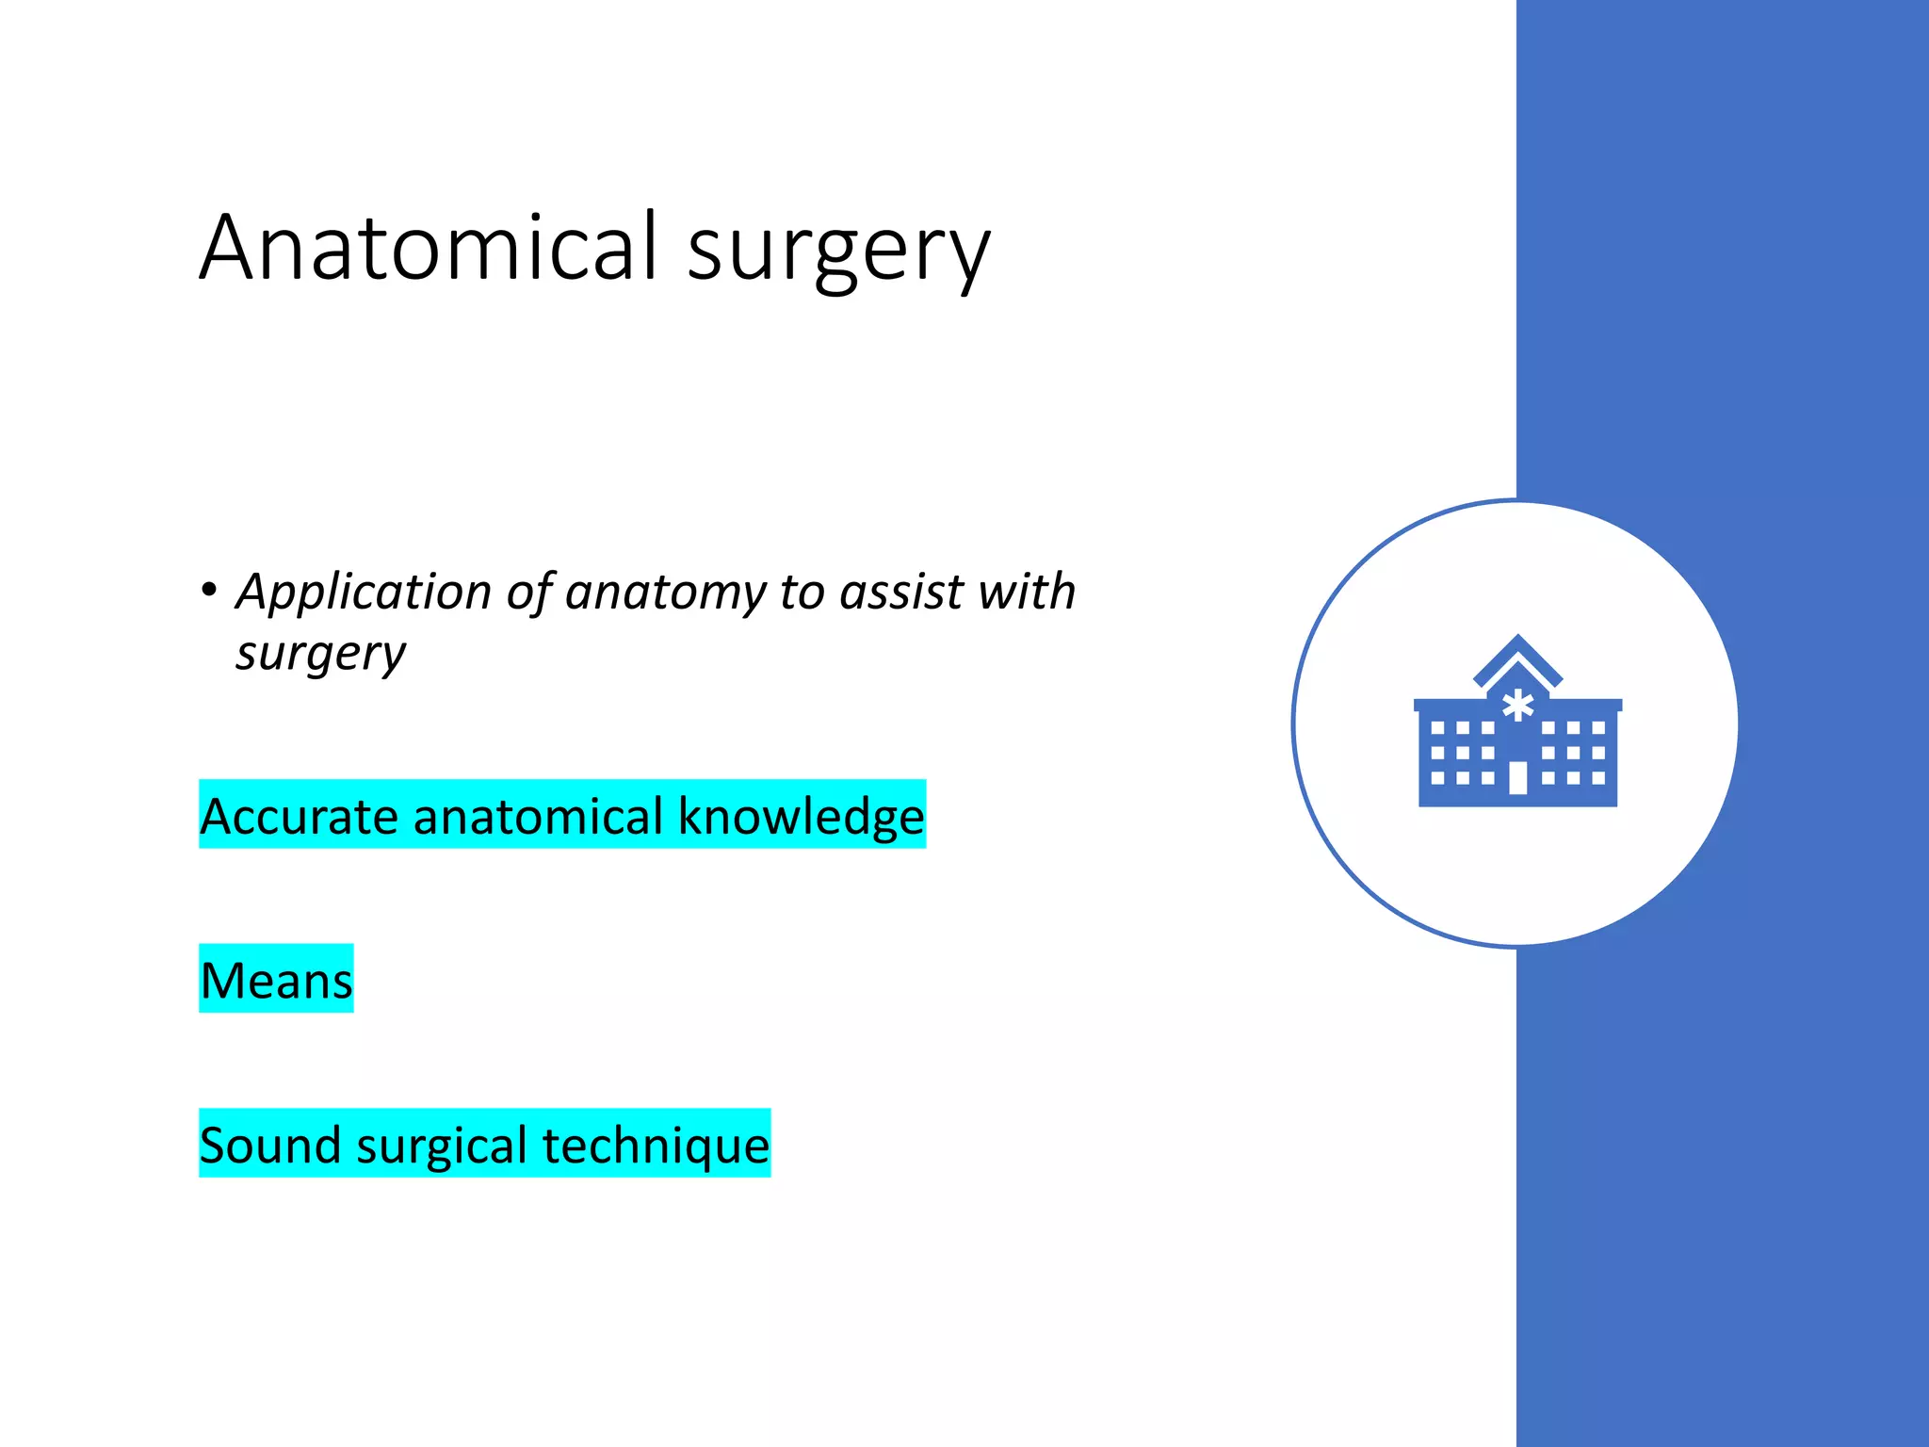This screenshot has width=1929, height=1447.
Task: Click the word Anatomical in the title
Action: tap(429, 247)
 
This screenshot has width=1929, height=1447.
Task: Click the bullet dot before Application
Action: tap(209, 591)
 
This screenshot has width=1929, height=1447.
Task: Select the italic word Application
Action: tap(364, 593)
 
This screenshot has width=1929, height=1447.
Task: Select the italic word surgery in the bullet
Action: tap(321, 654)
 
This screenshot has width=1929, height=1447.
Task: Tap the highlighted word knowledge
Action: tap(801, 816)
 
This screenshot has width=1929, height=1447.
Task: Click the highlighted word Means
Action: tap(276, 980)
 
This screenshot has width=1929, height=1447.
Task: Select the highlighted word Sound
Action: tap(270, 1145)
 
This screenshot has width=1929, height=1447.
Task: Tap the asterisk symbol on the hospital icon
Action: tap(1517, 706)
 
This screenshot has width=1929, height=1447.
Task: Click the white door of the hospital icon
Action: tap(1517, 778)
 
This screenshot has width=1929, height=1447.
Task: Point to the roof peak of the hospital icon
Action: tap(1517, 642)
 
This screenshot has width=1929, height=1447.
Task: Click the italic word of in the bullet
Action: tap(528, 593)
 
